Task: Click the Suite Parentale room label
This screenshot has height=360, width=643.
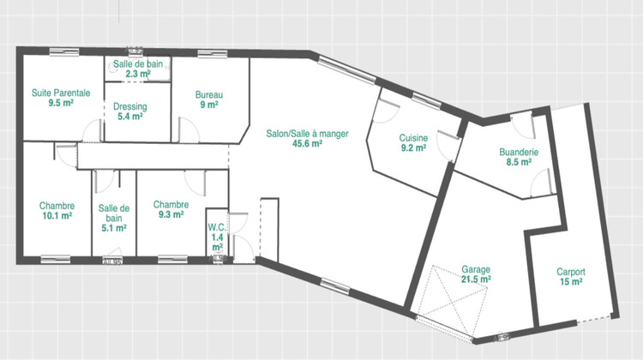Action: click(x=61, y=93)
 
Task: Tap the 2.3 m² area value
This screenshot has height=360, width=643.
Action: click(x=138, y=75)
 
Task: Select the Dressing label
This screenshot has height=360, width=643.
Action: click(x=130, y=106)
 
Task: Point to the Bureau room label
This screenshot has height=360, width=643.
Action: click(x=209, y=95)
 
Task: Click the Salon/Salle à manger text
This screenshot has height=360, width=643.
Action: click(x=307, y=134)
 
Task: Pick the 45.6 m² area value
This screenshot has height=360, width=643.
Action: click(x=307, y=143)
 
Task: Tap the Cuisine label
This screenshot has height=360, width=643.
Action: click(x=413, y=138)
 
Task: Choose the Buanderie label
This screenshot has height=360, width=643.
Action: click(x=519, y=152)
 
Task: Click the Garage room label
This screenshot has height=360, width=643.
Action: click(x=476, y=270)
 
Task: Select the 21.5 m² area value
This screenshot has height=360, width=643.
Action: click(x=476, y=279)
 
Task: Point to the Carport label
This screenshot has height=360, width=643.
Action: click(x=571, y=272)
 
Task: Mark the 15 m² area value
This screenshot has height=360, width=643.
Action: click(x=571, y=282)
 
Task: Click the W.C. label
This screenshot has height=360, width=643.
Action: click(x=216, y=227)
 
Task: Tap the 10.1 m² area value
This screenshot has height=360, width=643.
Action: click(x=57, y=216)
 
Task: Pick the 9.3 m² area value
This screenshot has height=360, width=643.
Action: click(x=171, y=214)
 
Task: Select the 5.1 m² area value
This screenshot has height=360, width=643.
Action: click(x=113, y=228)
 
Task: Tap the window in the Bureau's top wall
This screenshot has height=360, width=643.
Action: click(x=212, y=54)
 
